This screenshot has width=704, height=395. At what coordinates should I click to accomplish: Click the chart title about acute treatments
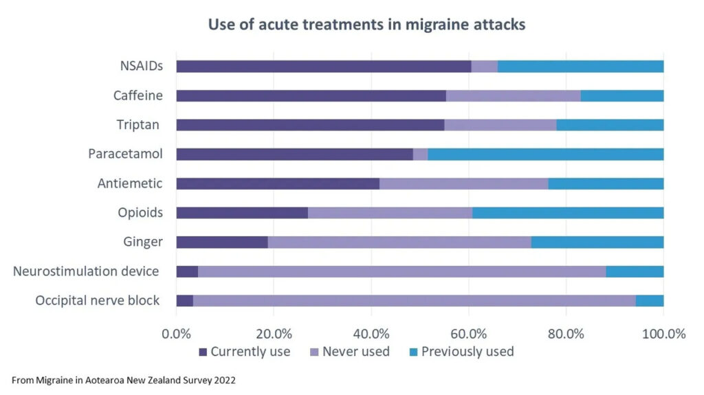point(367,25)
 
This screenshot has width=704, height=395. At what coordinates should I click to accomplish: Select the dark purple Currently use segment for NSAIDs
point(323,67)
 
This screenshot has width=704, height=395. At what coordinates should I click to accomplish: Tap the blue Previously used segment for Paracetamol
point(545,154)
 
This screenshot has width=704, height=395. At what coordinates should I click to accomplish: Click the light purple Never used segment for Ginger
point(399,242)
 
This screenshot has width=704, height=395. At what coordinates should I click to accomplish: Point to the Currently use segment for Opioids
point(241,212)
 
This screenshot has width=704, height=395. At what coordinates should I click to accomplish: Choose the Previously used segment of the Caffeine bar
point(621,95)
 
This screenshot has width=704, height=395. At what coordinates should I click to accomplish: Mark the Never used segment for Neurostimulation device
point(401,271)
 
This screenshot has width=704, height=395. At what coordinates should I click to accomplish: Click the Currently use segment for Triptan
point(310,125)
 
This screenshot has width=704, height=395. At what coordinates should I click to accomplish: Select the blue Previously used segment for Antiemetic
point(606,183)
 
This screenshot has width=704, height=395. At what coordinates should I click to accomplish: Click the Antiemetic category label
point(130,183)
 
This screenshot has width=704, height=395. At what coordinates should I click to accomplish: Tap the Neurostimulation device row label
point(86,271)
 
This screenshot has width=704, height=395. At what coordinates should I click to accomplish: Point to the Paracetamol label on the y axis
point(125,154)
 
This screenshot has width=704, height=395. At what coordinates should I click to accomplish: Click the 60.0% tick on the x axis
point(469,334)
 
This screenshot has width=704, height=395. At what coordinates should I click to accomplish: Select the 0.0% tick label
point(176,334)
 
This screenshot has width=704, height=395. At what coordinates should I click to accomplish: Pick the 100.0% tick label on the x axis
point(663,334)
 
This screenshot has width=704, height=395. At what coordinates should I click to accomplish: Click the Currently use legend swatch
point(202,352)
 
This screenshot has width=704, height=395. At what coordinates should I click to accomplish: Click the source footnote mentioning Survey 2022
point(124,379)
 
